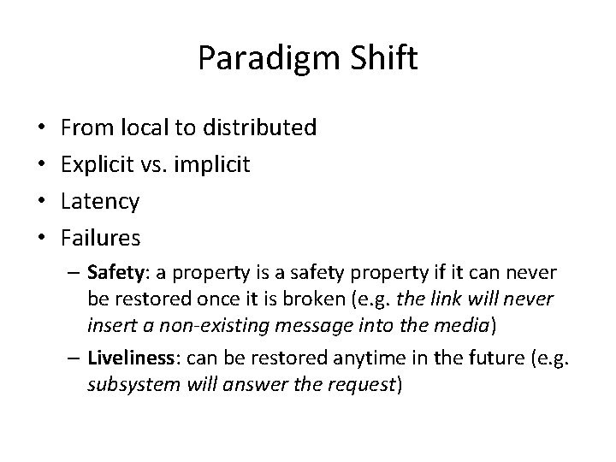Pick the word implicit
click(x=212, y=165)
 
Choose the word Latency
click(x=101, y=202)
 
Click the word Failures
click(x=102, y=238)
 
